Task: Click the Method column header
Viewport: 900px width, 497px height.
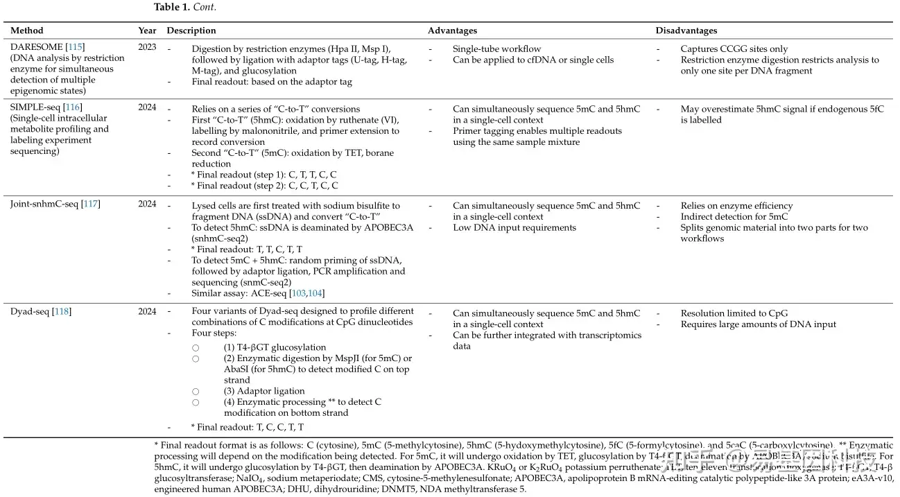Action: tap(26, 30)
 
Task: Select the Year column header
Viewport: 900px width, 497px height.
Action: tap(147, 30)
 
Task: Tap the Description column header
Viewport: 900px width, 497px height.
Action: tap(191, 30)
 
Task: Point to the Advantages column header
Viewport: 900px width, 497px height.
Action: tap(452, 30)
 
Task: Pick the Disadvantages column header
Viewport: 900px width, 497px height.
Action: tap(686, 30)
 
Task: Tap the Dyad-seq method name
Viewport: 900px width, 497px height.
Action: tap(30, 312)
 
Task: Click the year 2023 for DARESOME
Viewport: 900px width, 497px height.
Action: tap(147, 47)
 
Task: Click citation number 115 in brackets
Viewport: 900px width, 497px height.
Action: tap(75, 47)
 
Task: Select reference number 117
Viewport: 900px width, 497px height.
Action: tap(90, 204)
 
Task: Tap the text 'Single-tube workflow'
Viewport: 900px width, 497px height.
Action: tap(496, 49)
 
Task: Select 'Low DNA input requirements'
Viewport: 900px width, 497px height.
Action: tap(514, 228)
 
